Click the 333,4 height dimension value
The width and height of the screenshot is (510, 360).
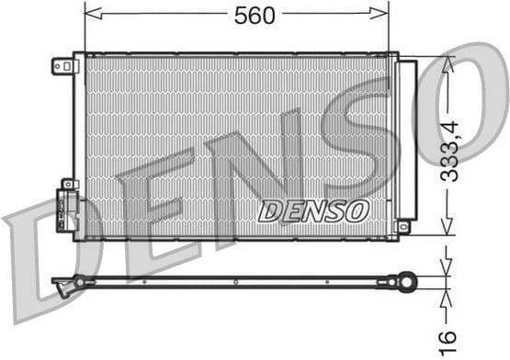pos(449,147)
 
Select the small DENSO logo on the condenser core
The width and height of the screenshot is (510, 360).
pos(313,210)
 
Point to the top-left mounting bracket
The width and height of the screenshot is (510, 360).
pos(64,66)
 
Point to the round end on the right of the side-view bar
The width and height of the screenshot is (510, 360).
pos(404,281)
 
